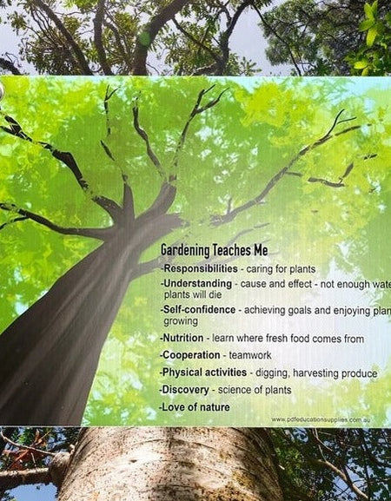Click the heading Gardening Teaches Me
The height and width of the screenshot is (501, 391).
pyautogui.click(x=215, y=250)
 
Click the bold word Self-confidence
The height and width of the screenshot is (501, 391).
pyautogui.click(x=200, y=309)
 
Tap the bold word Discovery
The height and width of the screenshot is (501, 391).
pyautogui.click(x=186, y=389)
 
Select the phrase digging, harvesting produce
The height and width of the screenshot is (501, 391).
pyautogui.click(x=316, y=372)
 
